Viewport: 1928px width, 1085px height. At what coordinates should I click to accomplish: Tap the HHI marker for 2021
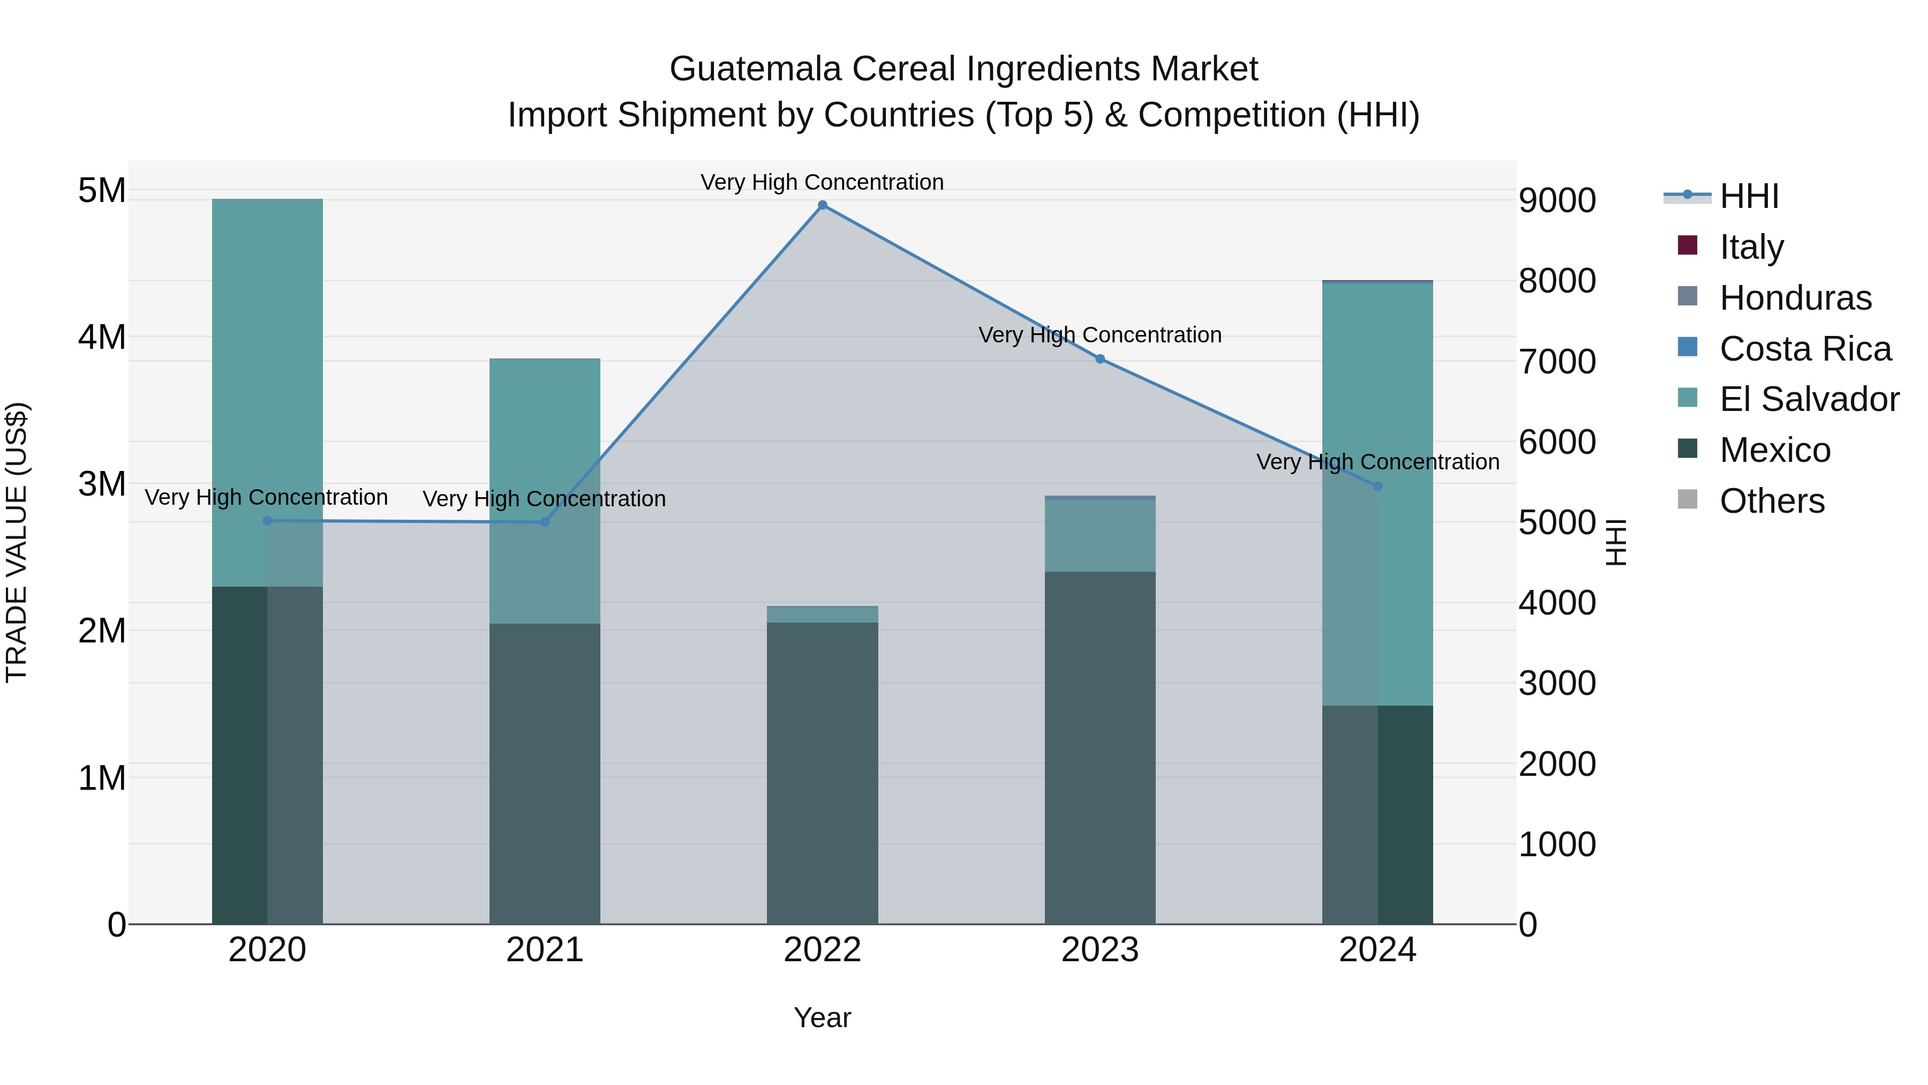click(545, 522)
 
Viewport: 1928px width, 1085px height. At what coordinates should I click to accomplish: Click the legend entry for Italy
click(1751, 247)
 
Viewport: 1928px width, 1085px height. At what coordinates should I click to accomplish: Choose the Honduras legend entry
click(1795, 298)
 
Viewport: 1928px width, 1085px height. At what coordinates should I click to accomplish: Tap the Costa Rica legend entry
click(1804, 349)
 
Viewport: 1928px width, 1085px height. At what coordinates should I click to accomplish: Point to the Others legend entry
click(1771, 501)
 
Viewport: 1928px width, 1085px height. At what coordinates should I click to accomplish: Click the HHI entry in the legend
click(1749, 196)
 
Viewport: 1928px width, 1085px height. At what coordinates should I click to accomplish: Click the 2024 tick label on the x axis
click(1377, 950)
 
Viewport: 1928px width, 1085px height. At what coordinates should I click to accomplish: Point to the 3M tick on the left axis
click(102, 484)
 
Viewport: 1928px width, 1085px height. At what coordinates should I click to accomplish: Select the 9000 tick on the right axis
click(1557, 201)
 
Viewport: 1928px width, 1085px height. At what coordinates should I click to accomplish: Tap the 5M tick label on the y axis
click(102, 190)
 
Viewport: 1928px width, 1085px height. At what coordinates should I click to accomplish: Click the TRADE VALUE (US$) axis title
click(17, 542)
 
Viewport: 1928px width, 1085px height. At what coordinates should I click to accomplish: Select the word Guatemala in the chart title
click(755, 69)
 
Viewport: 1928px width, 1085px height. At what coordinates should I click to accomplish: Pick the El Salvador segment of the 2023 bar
click(1099, 535)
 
